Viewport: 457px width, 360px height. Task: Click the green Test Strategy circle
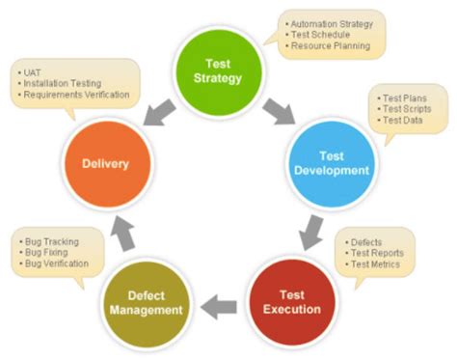[x=218, y=69]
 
